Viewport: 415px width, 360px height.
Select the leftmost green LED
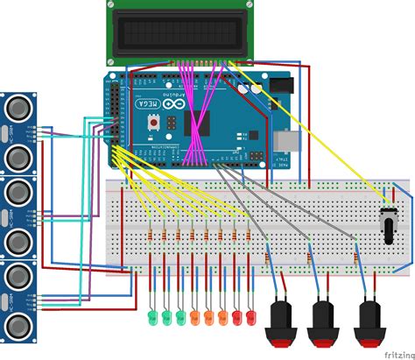[x=152, y=314]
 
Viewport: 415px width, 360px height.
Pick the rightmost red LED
[x=250, y=314]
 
